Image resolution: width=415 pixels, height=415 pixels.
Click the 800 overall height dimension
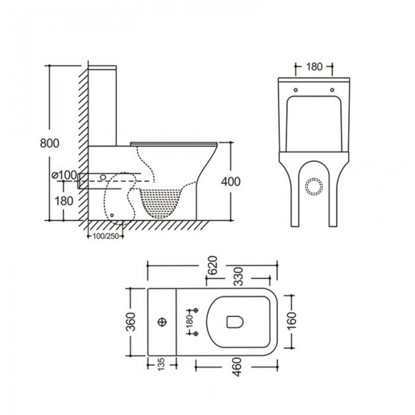point(50,143)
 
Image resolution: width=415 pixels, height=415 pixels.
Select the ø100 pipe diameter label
point(65,175)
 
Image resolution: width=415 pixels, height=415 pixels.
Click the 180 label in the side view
point(64,201)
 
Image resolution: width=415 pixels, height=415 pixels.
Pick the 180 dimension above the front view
point(314,66)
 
